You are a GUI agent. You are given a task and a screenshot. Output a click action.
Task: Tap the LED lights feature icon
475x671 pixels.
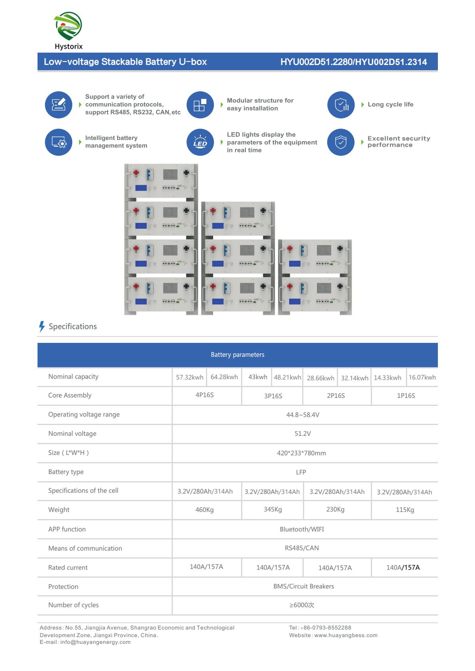[200, 142]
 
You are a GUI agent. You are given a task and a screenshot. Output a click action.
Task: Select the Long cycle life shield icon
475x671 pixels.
[340, 105]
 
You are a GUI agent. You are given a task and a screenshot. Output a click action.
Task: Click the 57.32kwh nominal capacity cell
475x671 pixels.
[190, 377]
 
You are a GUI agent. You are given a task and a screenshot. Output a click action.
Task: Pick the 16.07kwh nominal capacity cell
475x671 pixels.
[422, 377]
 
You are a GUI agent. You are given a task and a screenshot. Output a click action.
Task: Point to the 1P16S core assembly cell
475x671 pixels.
[406, 396]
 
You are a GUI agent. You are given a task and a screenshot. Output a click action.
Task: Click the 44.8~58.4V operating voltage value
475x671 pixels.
[303, 415]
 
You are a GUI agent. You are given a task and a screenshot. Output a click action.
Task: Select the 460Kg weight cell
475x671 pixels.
[204, 510]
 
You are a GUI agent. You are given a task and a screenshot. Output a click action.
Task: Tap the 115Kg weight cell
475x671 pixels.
[405, 510]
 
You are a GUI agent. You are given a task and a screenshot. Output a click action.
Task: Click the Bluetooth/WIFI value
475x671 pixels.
[302, 529]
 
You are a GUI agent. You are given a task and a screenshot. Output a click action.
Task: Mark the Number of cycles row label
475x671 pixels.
[73, 605]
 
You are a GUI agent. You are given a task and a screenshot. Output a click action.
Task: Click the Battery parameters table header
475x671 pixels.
[238, 355]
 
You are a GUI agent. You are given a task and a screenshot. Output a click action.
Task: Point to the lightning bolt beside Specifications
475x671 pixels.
[42, 327]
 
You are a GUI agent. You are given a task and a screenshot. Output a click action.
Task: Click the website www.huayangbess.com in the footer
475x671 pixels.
[346, 635]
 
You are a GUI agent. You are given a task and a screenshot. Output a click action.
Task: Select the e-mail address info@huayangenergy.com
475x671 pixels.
[95, 642]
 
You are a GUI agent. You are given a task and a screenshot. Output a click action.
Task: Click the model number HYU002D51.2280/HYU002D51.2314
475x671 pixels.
[354, 62]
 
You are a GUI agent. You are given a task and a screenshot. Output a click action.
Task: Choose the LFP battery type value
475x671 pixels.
[301, 472]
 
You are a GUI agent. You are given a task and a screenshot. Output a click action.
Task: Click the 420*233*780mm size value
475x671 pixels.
[301, 453]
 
